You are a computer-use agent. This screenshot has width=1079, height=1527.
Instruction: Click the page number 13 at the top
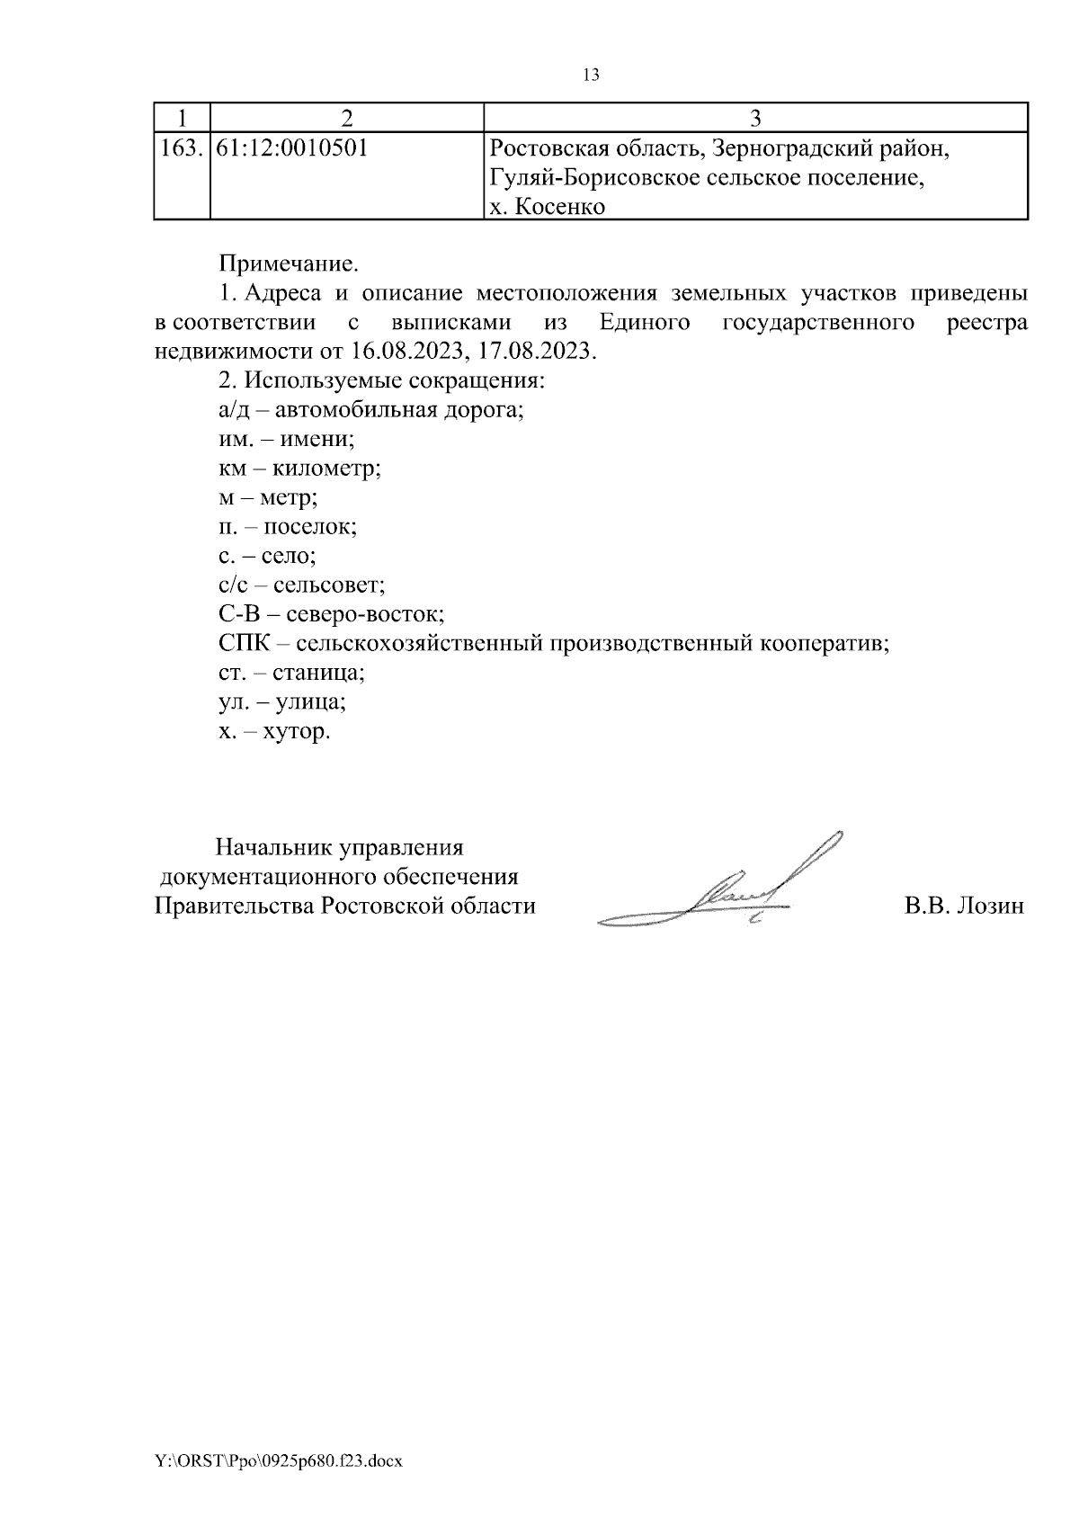click(x=591, y=76)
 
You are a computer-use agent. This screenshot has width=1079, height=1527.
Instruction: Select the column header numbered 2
click(x=346, y=118)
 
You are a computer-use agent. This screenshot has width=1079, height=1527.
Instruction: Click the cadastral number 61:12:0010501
click(x=292, y=148)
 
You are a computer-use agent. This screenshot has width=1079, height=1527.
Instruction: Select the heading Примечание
click(x=288, y=264)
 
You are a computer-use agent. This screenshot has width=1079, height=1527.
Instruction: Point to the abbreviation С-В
click(x=236, y=615)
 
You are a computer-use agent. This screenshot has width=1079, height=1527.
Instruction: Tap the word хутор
click(x=296, y=731)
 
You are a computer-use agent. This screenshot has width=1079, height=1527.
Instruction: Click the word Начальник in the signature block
click(x=268, y=848)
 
